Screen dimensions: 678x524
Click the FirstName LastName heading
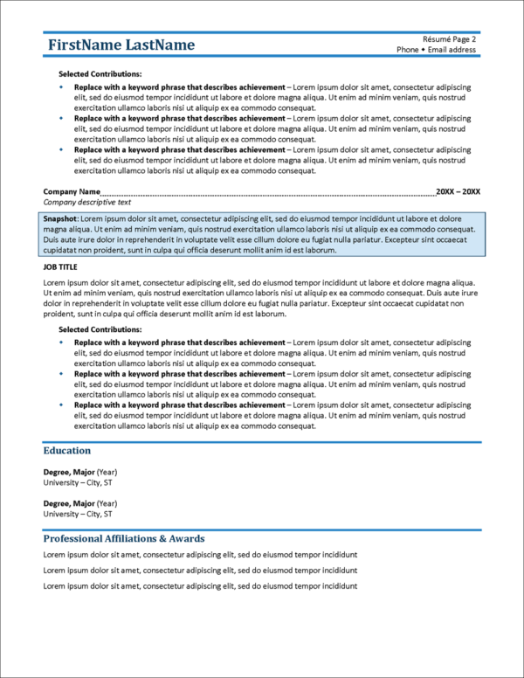121,45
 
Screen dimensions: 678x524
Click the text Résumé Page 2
449,39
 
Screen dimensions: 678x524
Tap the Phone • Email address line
436,50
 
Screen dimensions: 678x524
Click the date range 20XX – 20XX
458,191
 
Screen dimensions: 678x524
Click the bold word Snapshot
60,217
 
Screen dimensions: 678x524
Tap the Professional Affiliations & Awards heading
123,538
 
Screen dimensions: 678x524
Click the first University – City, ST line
78,482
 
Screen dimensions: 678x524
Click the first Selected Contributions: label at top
100,74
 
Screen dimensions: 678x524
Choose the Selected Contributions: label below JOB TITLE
100,329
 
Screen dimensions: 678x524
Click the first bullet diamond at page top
61,87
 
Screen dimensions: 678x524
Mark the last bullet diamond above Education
61,405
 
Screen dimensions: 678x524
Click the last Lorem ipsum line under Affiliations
200,585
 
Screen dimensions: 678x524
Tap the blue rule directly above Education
262,442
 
